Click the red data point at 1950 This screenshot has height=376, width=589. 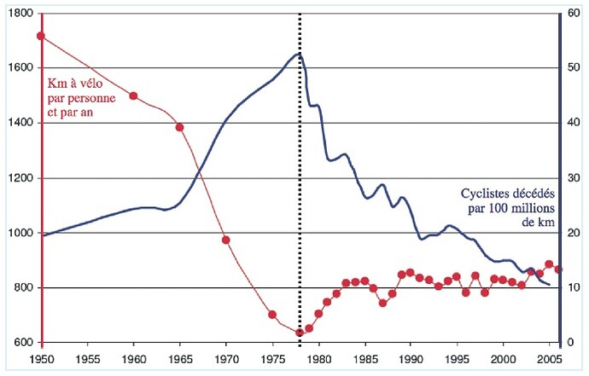tap(41, 36)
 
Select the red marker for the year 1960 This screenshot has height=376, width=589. tap(133, 95)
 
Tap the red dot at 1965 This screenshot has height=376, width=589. tap(179, 128)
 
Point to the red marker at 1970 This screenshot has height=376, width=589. tap(226, 240)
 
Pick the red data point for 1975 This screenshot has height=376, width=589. tap(272, 315)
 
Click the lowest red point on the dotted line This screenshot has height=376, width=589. tap(300, 333)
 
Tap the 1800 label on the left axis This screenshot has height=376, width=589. tap(21, 14)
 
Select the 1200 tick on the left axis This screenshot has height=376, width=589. tap(21, 178)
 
